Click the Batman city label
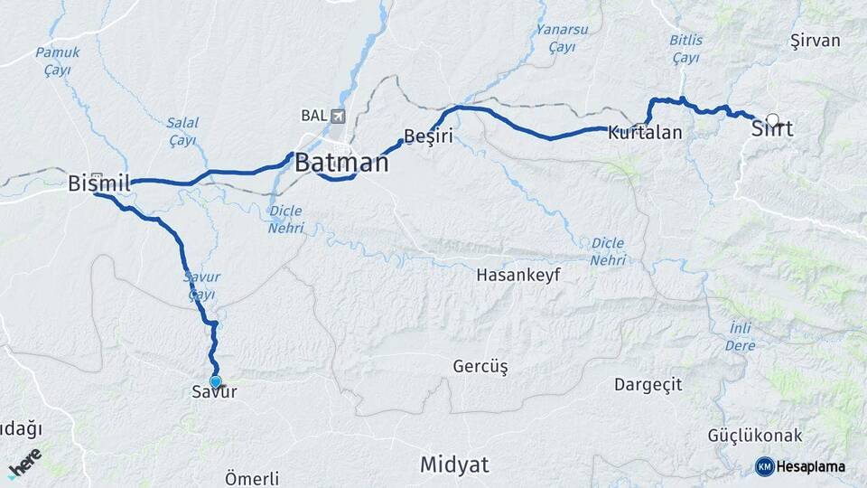pos(341,164)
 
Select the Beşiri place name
pos(427,136)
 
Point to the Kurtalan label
pos(645,132)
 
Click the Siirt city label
pos(772,129)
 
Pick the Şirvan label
pos(815,41)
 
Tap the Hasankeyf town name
pos(518,273)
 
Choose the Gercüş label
pos(480,366)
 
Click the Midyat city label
pos(454,465)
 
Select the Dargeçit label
pos(648,384)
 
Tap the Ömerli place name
pos(252,478)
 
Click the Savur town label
pos(214,392)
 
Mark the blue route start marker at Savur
pos(215,381)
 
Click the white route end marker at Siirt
pos(772,118)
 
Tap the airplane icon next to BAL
pos(338,116)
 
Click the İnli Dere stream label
pos(739,335)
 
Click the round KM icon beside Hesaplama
pos(764,466)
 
